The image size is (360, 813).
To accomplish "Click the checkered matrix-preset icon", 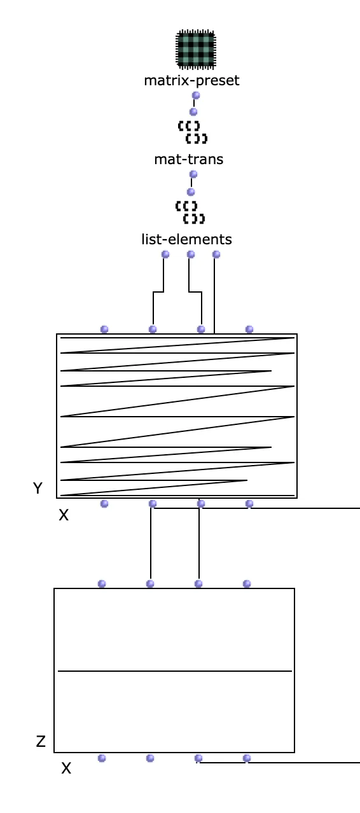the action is [196, 50].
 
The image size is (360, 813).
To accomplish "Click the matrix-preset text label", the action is [191, 81].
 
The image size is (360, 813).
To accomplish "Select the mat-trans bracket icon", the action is [193, 132].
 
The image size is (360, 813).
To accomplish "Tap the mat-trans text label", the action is [189, 159].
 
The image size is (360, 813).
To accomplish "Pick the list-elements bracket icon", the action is [190, 212].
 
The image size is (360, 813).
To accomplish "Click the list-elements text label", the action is [186, 240].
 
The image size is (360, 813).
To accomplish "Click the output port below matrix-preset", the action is [196, 95].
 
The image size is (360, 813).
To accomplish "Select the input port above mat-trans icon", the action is [193, 111].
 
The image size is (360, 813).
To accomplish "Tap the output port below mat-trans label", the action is [193, 174].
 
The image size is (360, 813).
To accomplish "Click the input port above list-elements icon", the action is [191, 191].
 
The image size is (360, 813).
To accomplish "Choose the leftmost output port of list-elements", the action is [165, 254].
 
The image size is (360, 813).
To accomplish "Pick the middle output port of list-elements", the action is [191, 254].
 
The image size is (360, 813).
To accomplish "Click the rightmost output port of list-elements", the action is [216, 254].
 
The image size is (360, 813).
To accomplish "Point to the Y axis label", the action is [38, 488].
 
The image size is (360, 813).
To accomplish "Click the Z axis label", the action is [41, 741].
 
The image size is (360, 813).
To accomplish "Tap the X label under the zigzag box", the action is [64, 515].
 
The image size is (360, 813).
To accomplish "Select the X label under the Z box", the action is [66, 768].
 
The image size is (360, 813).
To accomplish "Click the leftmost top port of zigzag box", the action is [104, 329].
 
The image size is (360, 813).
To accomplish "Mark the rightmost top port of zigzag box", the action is [249, 329].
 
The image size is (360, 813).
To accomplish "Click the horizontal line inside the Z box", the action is [175, 671].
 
